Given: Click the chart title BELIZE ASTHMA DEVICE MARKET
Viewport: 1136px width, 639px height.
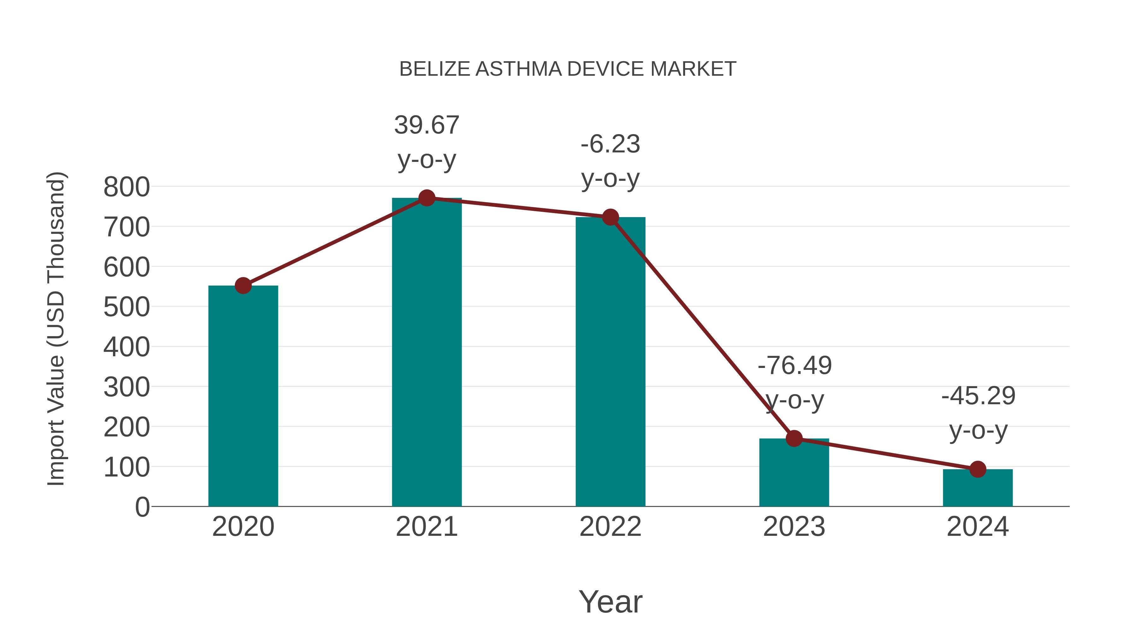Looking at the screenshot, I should (568, 69).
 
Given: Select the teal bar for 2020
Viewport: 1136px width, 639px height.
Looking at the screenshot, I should (243, 397).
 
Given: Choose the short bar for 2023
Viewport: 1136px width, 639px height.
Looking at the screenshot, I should (794, 474).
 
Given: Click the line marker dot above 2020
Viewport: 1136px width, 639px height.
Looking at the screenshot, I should (243, 286).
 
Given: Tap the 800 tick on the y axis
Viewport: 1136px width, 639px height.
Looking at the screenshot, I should (127, 187).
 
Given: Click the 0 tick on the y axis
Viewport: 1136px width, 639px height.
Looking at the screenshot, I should (142, 507).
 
